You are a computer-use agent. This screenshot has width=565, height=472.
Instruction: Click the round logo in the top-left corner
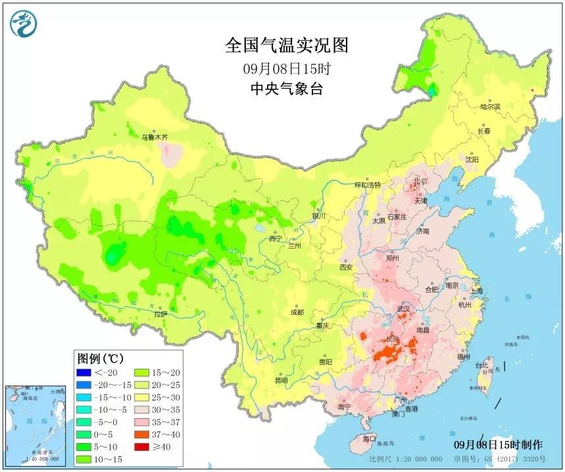[x=24, y=24]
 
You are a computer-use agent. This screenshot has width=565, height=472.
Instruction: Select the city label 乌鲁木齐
[x=155, y=137]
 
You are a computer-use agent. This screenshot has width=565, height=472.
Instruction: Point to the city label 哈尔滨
[x=490, y=106]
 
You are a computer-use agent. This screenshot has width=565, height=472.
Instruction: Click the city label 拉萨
[x=161, y=314]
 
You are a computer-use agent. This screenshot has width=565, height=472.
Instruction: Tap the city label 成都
[x=297, y=312]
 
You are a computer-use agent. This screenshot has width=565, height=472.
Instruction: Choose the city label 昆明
[x=281, y=380]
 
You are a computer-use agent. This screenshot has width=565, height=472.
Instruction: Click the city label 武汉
[x=403, y=308]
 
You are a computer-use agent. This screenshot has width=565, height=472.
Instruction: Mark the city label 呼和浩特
[x=367, y=185]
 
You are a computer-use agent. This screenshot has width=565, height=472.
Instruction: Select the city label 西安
[x=346, y=268]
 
